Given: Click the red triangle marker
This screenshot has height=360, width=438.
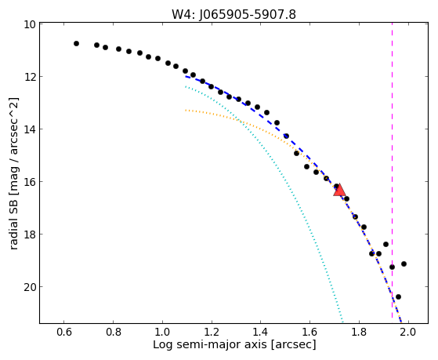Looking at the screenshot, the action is [340, 190].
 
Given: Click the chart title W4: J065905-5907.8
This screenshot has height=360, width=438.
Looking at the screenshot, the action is [233, 15].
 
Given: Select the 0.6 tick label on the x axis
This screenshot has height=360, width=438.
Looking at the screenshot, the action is [64, 332].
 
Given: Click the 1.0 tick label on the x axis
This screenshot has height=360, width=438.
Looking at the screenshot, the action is [162, 332].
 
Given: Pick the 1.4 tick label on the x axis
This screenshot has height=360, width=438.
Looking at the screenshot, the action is [261, 332].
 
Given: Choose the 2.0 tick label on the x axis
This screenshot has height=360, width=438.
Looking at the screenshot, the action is [408, 332].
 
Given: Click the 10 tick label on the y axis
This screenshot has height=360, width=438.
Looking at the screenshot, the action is [30, 24].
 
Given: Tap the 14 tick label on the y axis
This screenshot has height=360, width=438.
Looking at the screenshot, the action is [30, 129].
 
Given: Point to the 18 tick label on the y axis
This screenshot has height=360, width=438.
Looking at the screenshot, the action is [30, 235].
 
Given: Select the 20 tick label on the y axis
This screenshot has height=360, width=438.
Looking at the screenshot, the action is [30, 287].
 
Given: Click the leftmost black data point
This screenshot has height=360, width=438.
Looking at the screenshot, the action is [76, 43].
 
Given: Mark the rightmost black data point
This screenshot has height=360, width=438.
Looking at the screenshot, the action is [404, 264].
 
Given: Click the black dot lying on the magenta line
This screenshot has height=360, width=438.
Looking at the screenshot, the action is [393, 267].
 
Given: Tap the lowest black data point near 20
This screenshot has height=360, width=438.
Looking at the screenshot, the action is [398, 296].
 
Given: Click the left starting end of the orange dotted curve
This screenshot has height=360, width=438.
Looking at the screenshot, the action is [186, 111].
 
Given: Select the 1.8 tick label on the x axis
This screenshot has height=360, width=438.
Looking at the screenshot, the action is [359, 332].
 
